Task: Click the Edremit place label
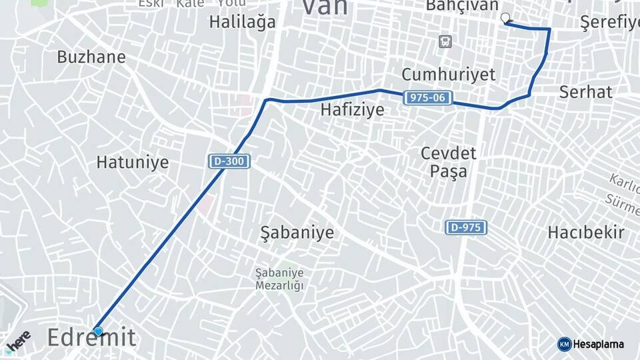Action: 91,338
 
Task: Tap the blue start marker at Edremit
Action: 98,331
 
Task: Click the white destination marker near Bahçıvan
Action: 505,18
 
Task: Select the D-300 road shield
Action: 229,161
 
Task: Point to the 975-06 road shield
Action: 428,98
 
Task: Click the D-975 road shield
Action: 466,227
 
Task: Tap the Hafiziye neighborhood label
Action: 353,110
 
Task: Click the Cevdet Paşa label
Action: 448,162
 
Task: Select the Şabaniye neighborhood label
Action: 297,233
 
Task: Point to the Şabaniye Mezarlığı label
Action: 279,279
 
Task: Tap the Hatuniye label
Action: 133,162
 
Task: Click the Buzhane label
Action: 91,57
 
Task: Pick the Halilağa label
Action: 242,21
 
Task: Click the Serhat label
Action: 585,92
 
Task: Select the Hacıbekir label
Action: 585,233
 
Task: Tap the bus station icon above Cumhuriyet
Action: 445,42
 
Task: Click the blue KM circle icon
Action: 564,344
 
